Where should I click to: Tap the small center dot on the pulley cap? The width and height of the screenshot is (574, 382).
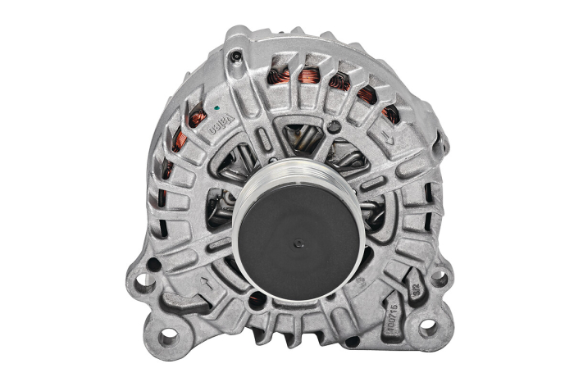click(298, 243)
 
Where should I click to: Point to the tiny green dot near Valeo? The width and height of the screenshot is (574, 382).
click(215, 107)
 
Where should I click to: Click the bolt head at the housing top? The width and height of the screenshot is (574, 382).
click(236, 57)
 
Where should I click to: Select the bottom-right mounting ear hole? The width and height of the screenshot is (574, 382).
click(427, 328)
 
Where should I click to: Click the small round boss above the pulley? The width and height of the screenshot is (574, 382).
click(333, 127)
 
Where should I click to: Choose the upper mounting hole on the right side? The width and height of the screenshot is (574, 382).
click(440, 278)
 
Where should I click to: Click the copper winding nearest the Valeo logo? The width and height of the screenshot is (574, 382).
click(197, 118)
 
